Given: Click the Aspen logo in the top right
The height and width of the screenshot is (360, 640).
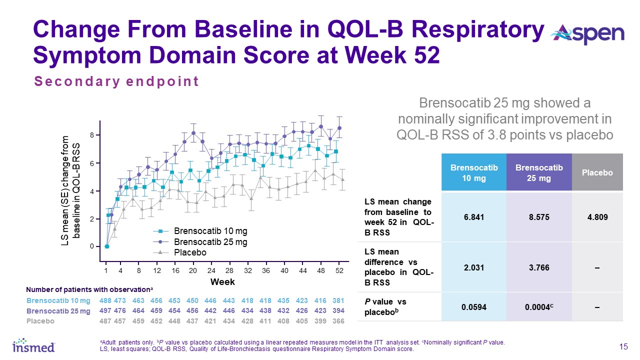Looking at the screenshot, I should [587, 34].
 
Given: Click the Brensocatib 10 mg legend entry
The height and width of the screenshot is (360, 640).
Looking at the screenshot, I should [210, 231].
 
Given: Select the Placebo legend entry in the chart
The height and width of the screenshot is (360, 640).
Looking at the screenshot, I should [190, 252].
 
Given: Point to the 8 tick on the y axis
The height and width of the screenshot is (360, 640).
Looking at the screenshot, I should [92, 135].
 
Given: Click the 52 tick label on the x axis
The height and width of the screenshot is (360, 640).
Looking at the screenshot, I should [338, 270].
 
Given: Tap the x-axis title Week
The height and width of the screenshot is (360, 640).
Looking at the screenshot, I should [222, 282].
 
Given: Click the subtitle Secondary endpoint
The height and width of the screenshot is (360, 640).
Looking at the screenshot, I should [116, 81].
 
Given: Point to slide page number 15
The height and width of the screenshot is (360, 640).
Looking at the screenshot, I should [623, 347].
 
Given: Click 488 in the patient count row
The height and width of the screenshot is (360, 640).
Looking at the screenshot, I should [105, 300].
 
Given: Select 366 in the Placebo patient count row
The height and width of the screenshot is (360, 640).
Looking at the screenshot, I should [338, 320].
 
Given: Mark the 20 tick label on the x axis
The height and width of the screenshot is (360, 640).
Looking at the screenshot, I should [192, 270].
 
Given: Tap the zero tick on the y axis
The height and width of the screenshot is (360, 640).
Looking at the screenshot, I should [92, 246].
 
